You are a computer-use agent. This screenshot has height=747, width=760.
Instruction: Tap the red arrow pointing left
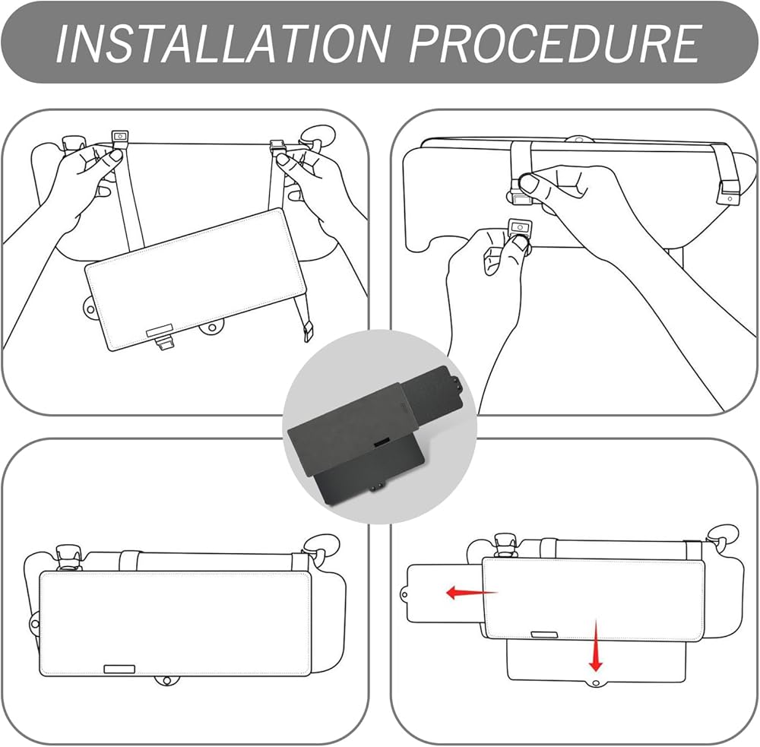pos(471,592)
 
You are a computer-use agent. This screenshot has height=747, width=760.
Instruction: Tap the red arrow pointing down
pos(596,645)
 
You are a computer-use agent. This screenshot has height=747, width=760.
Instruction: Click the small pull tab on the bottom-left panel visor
pos(119,669)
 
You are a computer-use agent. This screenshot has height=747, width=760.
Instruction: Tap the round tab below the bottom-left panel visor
pos(166,681)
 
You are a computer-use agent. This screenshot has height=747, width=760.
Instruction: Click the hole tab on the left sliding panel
pos(404,593)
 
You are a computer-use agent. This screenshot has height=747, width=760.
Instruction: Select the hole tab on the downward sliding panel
pos(596,683)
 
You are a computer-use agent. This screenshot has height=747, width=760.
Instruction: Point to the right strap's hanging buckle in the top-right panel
pos(728,194)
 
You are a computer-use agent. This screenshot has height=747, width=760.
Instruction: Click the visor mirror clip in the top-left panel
pos(165,343)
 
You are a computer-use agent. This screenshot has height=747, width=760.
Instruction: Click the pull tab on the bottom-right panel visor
pos(544,635)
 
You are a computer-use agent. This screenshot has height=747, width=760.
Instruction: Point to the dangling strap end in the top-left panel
pos(309,334)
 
